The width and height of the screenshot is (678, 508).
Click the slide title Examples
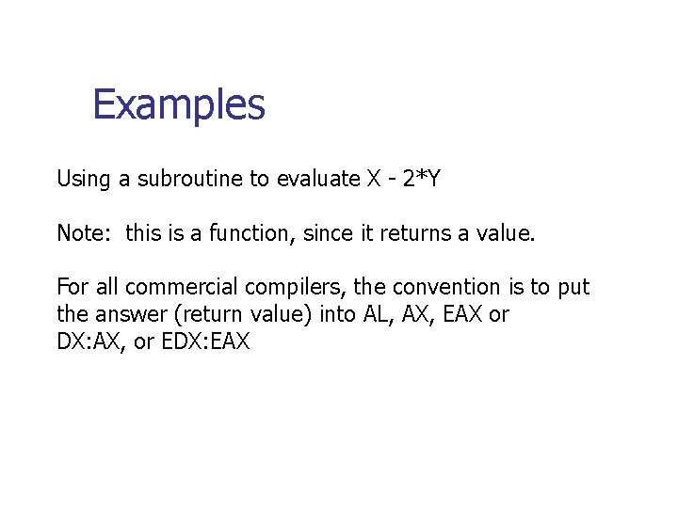[179, 104]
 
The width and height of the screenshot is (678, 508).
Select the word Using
[84, 179]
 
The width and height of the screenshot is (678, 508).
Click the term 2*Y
[421, 179]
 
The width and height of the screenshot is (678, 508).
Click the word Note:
[84, 232]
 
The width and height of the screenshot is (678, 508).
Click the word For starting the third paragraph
[73, 286]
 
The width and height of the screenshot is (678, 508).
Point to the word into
[337, 313]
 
